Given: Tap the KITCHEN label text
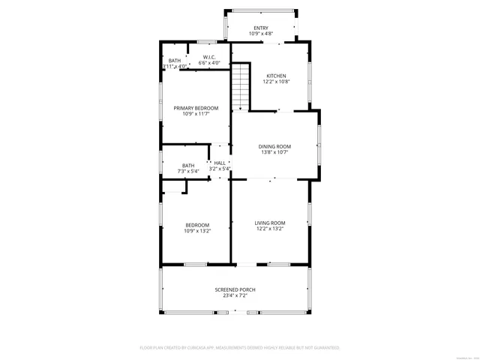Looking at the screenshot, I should click(x=277, y=75).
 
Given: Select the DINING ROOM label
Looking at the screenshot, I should click(x=274, y=146).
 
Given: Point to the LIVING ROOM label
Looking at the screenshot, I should click(x=270, y=223).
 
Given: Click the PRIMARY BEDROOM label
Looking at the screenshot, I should click(x=190, y=108).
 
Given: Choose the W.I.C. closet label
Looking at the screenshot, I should click(x=210, y=57).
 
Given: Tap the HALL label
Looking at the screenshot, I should click(x=220, y=163).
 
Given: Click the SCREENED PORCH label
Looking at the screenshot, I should click(x=235, y=289).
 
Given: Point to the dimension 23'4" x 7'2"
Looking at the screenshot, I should click(x=235, y=296).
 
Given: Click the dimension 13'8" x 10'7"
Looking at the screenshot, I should click(x=274, y=153).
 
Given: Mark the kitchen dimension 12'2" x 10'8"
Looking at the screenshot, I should click(x=277, y=82).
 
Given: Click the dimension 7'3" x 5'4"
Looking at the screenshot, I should click(x=188, y=172).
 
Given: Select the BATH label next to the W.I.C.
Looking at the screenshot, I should click(x=175, y=61).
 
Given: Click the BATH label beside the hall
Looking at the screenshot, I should click(x=188, y=166).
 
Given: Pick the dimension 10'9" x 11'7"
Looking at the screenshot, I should click(x=190, y=114).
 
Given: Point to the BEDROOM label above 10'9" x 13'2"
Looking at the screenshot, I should click(x=197, y=225).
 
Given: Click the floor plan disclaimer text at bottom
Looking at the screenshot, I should click(x=240, y=348).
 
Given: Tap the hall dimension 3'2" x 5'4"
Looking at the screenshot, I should click(x=220, y=169).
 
